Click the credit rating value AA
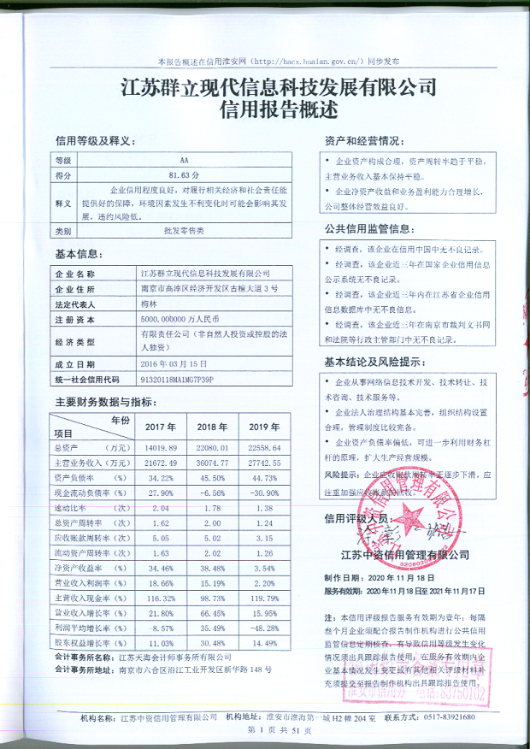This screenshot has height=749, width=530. [x=184, y=161]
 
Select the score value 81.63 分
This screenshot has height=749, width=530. [x=184, y=174]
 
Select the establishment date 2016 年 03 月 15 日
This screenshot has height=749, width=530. [x=174, y=363]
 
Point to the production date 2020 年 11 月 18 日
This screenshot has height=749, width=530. [x=388, y=578]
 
